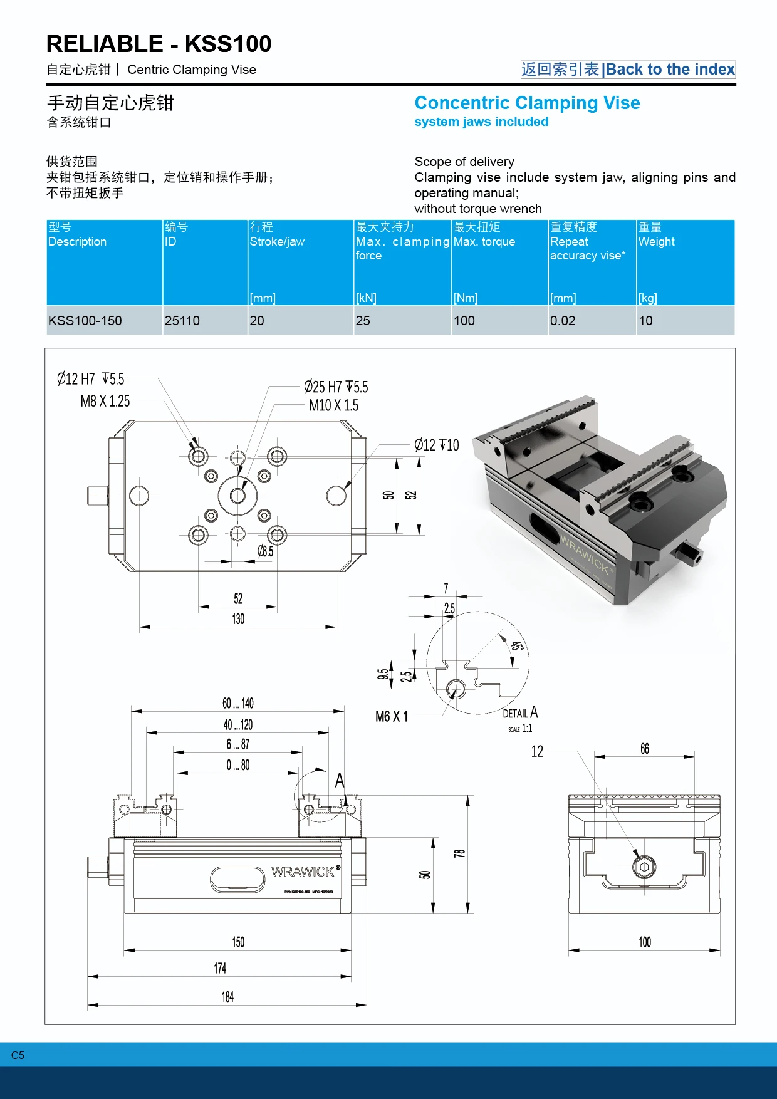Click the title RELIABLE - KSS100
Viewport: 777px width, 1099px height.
click(159, 44)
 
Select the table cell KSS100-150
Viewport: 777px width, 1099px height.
click(85, 321)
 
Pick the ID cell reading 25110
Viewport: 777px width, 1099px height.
click(182, 321)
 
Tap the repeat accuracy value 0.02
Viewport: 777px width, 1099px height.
click(562, 321)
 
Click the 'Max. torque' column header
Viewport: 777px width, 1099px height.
click(484, 242)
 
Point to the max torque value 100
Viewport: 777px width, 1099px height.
click(464, 321)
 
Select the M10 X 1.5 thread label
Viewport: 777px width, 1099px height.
click(334, 406)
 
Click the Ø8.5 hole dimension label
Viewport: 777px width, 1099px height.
click(266, 551)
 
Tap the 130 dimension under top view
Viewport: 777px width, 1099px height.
click(238, 619)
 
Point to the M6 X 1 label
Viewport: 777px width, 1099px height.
click(392, 716)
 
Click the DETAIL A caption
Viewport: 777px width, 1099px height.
click(520, 713)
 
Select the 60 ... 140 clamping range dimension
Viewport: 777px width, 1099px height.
click(238, 703)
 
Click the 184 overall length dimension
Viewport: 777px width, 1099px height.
click(227, 997)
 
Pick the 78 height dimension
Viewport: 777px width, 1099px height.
click(459, 853)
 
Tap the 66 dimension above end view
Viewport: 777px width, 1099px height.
click(645, 749)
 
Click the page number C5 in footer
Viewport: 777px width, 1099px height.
click(18, 1055)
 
